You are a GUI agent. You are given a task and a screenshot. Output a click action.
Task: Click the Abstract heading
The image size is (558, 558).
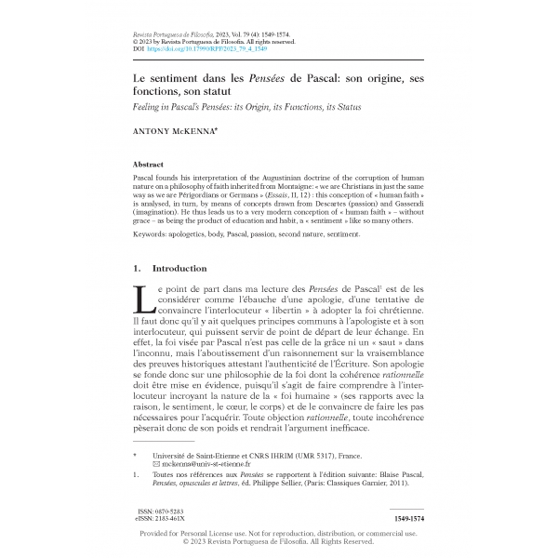(x=149, y=162)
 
